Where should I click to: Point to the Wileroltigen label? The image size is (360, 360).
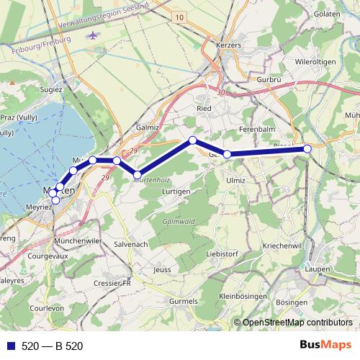point(315,63)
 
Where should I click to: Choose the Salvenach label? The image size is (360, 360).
point(130,245)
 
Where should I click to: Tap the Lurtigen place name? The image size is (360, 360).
point(176,191)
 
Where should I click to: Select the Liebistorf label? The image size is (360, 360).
point(222,254)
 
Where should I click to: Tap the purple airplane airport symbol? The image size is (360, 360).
point(91,35)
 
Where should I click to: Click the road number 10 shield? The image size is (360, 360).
point(179,17)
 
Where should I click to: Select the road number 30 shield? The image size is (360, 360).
point(220,93)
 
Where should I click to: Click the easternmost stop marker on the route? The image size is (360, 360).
point(307,148)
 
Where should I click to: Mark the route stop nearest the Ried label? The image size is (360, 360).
point(192,140)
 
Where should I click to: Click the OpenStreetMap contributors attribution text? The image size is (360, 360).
point(297,322)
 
